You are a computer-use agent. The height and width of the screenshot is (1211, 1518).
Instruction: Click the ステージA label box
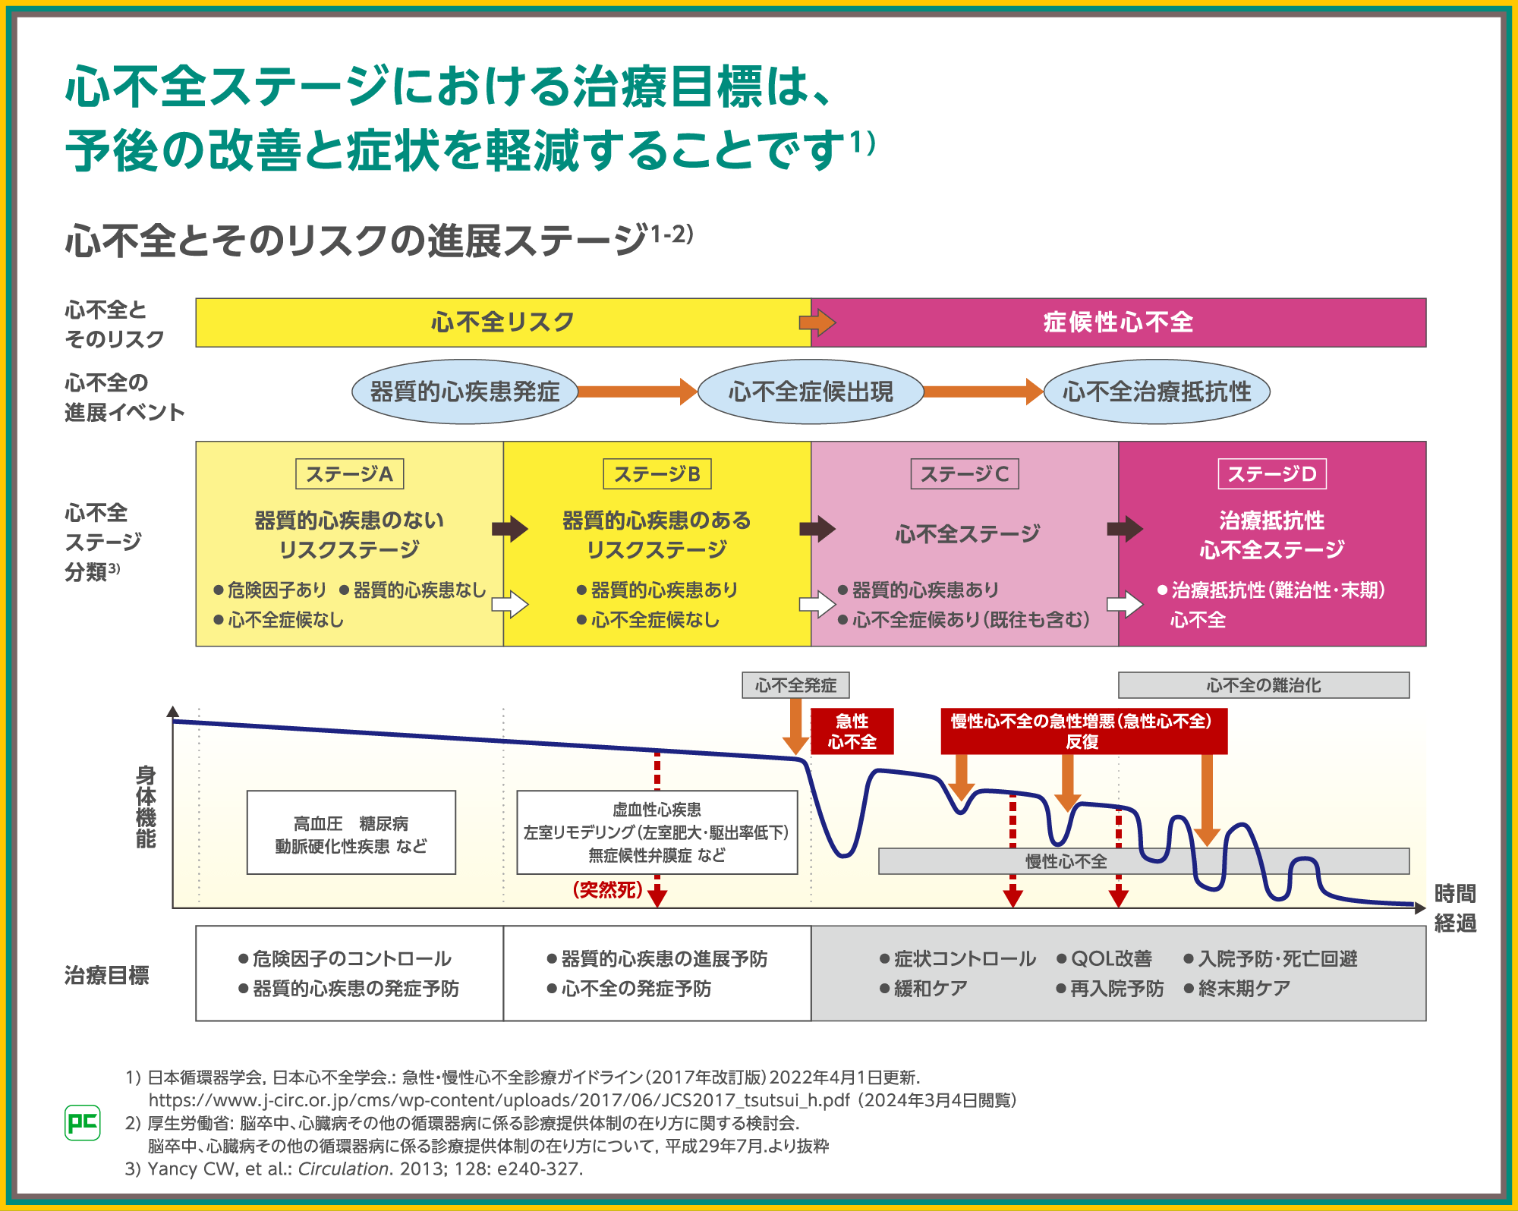(x=349, y=474)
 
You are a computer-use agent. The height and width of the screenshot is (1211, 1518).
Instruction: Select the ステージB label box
(x=657, y=474)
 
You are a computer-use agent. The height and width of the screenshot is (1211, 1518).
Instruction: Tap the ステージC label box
(x=965, y=474)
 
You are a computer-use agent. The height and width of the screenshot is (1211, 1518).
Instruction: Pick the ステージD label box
(x=1272, y=474)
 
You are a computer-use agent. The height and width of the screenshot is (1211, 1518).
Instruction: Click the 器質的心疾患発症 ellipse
(x=465, y=392)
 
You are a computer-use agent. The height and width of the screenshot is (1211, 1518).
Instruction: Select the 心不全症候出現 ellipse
(x=811, y=392)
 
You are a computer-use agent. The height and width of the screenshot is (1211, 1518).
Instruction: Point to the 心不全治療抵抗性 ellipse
(x=1157, y=392)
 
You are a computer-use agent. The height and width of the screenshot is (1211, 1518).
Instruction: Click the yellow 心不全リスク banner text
(x=502, y=322)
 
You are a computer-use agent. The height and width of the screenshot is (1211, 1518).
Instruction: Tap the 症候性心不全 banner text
(x=1118, y=322)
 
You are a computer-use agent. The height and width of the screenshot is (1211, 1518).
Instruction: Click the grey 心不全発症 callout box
(x=795, y=685)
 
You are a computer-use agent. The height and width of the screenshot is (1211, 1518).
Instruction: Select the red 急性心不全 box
(x=852, y=731)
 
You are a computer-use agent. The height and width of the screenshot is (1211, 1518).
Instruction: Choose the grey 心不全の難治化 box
(x=1264, y=685)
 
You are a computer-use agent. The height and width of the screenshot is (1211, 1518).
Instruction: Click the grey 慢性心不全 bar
(x=1066, y=861)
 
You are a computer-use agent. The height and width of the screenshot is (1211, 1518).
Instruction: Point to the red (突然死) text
(x=608, y=889)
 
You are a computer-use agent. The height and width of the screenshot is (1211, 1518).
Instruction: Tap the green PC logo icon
(x=83, y=1122)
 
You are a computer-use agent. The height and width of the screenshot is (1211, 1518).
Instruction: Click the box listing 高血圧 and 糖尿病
(x=351, y=833)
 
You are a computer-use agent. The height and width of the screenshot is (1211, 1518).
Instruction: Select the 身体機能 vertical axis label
(x=146, y=807)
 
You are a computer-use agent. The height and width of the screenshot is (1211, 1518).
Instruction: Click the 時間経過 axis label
(x=1455, y=908)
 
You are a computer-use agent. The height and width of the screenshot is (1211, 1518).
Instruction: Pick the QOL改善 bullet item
(x=1104, y=959)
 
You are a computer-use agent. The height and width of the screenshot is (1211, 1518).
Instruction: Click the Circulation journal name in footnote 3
(x=343, y=1169)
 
